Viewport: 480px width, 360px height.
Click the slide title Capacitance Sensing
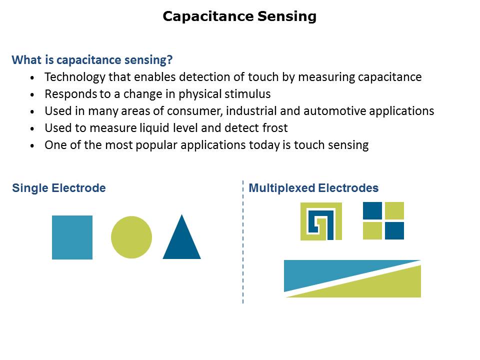click(239, 16)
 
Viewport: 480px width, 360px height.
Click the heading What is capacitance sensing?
click(92, 60)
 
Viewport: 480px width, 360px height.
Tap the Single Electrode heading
click(59, 188)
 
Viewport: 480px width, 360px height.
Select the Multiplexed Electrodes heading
click(313, 188)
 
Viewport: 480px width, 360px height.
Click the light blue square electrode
click(72, 237)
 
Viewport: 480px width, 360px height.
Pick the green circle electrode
click(131, 237)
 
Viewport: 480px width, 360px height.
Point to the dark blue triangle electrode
click(181, 243)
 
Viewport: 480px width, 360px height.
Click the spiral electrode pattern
click(321, 221)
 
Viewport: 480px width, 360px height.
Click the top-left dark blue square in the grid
click(372, 210)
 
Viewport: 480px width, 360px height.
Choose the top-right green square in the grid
click(394, 210)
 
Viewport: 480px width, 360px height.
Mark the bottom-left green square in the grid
click(372, 230)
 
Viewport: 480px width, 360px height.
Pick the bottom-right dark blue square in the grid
click(394, 230)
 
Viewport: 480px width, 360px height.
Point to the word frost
click(274, 128)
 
